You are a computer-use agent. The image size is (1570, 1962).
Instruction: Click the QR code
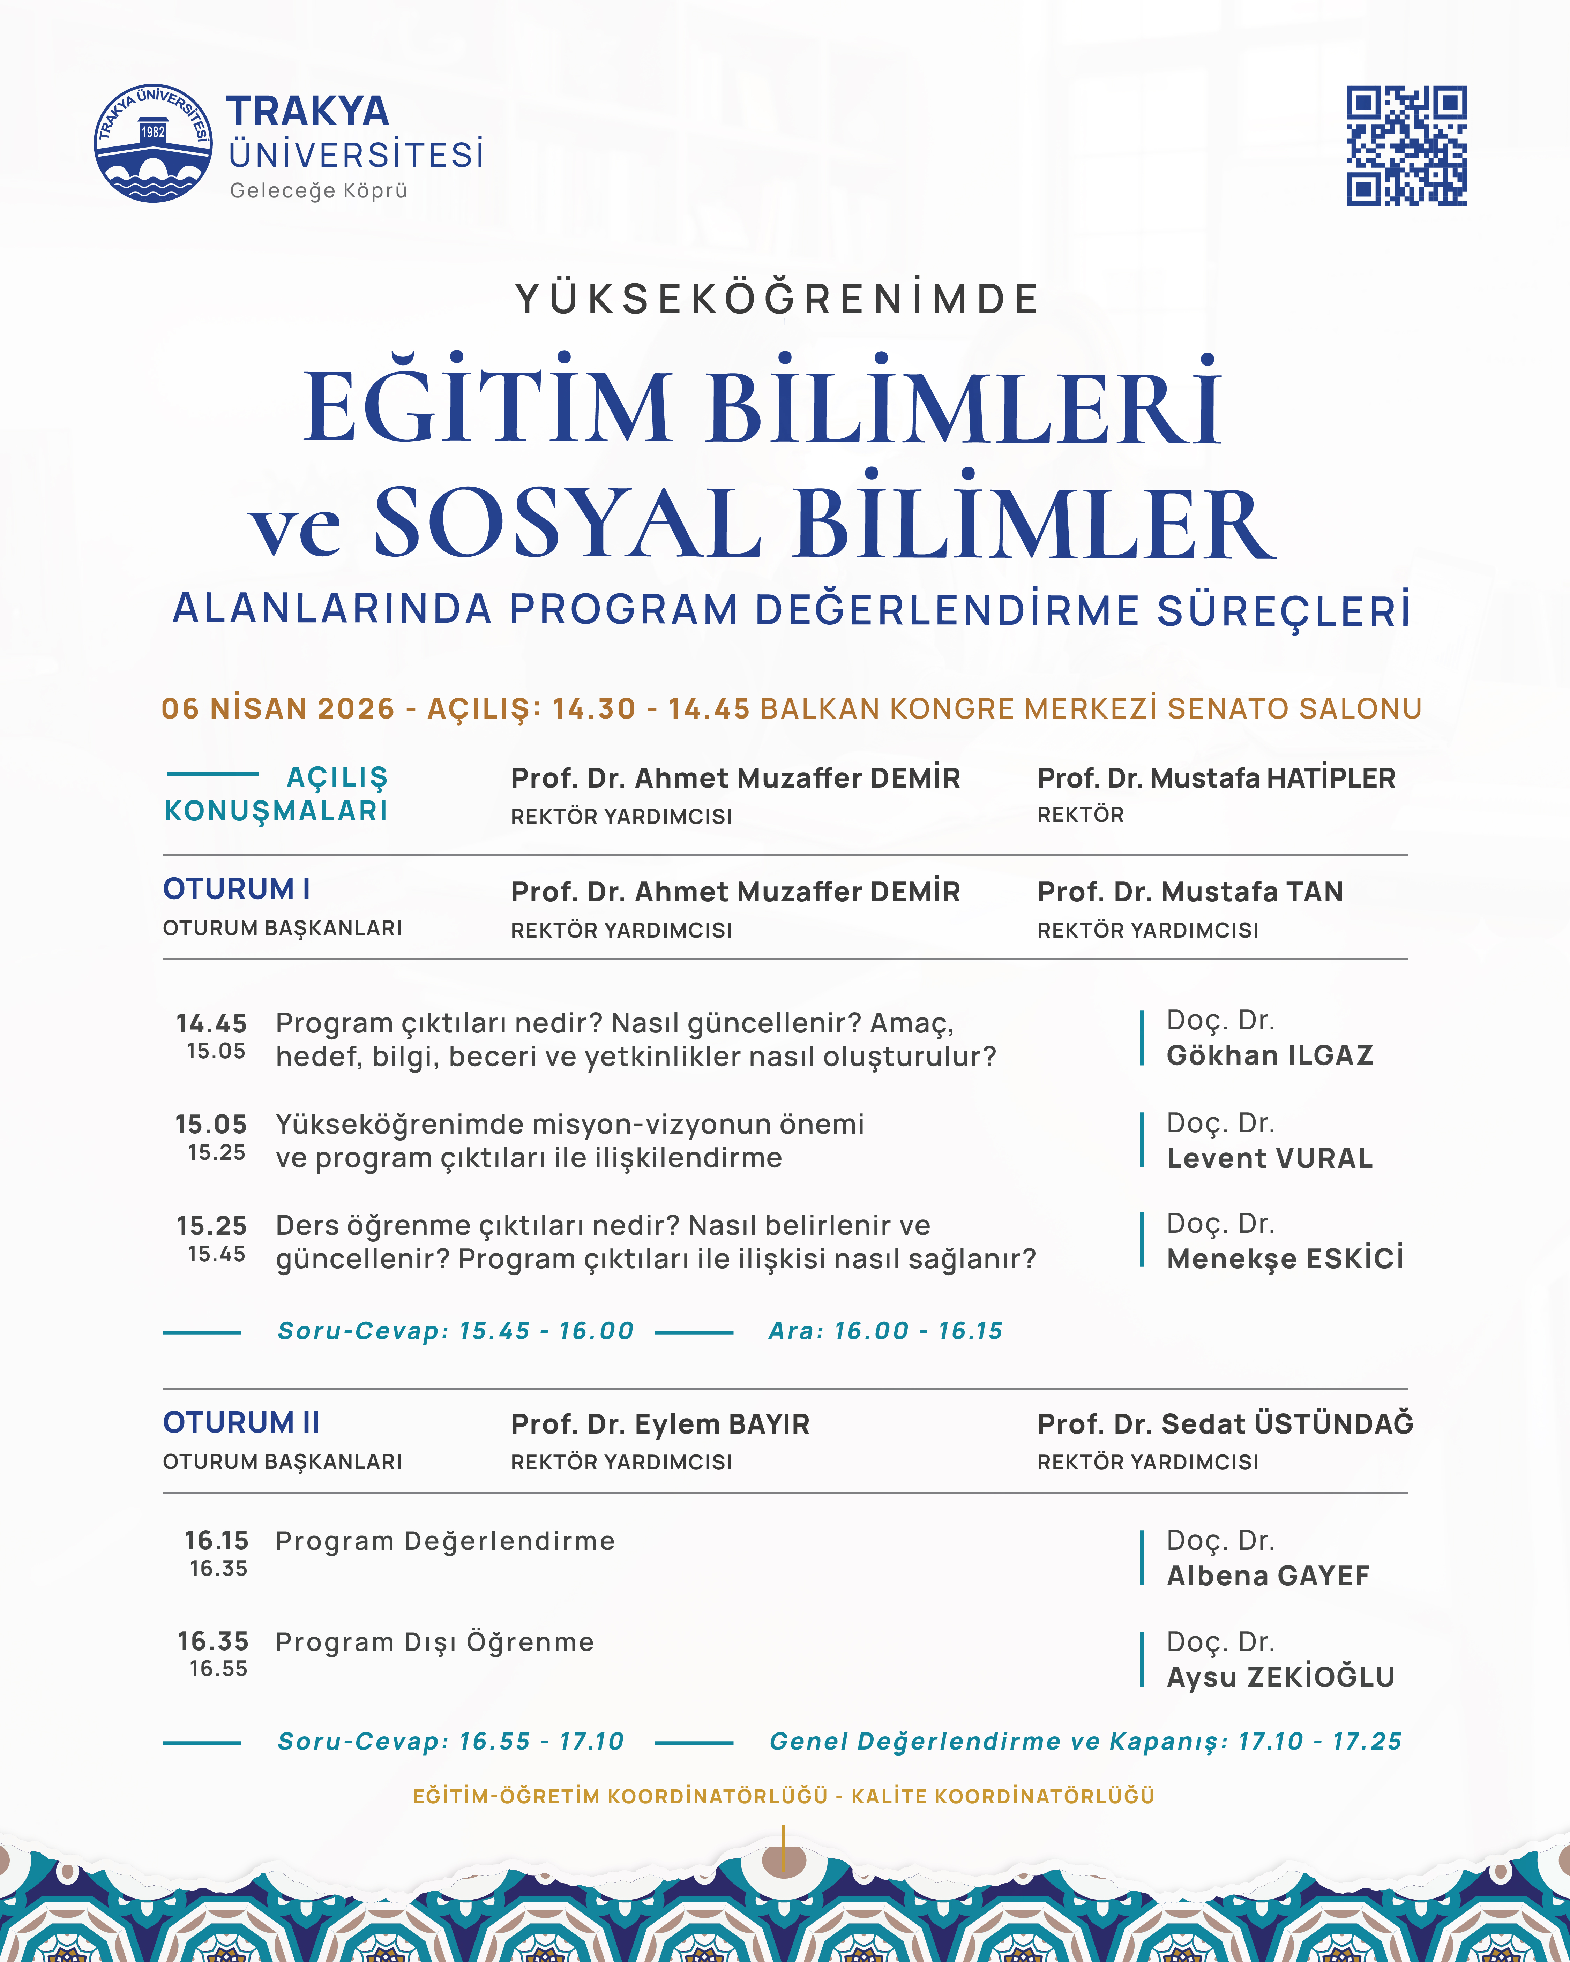pyautogui.click(x=1406, y=145)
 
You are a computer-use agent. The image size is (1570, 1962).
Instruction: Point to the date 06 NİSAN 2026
pyautogui.click(x=278, y=708)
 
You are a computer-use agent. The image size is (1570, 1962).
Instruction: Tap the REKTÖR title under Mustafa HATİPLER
pyautogui.click(x=1081, y=814)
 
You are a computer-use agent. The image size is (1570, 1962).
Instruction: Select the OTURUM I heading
pyautogui.click(x=237, y=888)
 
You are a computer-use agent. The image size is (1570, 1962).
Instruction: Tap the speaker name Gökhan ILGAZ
pyautogui.click(x=1270, y=1055)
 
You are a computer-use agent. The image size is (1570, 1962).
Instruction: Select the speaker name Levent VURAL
pyautogui.click(x=1270, y=1158)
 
